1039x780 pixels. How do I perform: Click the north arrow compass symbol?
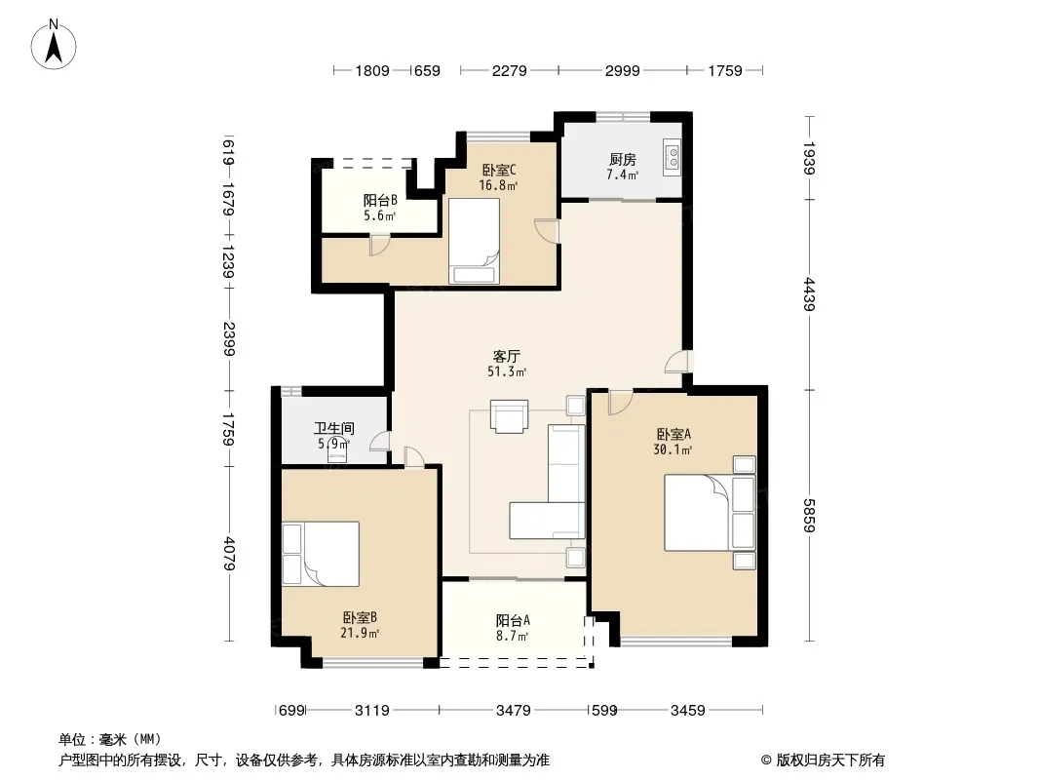coord(54,45)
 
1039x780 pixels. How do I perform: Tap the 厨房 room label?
coord(622,160)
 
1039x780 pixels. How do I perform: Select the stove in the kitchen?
coord(672,157)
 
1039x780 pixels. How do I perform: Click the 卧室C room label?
coord(499,171)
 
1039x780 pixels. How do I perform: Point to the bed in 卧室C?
coord(474,241)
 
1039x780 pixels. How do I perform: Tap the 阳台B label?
coord(380,200)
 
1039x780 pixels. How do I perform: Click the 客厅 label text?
coord(506,357)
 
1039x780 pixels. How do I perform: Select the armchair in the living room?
coord(509,416)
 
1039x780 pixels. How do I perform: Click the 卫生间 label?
coord(334,429)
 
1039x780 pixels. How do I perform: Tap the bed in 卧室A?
coord(710,512)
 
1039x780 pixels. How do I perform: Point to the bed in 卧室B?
coord(321,554)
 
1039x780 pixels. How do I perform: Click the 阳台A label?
coord(513,621)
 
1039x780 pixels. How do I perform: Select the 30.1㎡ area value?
coord(673,450)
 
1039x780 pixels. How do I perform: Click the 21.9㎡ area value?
coord(359,633)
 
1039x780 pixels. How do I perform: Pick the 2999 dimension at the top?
coord(622,70)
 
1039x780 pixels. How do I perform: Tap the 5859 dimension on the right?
coord(808,515)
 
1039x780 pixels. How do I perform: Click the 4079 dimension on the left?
coord(229,554)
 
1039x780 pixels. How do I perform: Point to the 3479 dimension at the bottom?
coord(513,711)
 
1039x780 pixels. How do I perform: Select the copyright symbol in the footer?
coord(766,760)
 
